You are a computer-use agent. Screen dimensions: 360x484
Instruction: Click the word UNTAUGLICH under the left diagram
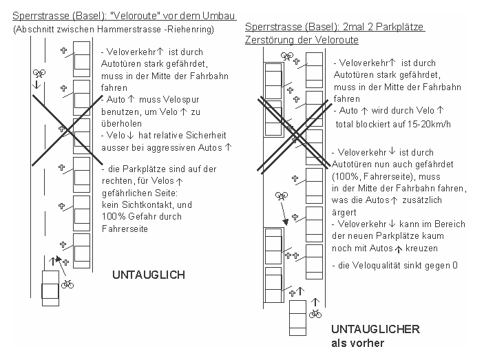coord(149,275)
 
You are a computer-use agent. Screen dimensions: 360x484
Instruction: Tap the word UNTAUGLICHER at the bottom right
coord(375,329)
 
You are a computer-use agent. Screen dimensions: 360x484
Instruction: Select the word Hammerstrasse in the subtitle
coord(134,30)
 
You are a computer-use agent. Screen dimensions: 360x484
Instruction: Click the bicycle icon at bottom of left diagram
coord(67,284)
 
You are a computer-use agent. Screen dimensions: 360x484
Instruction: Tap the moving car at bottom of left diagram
coord(50,288)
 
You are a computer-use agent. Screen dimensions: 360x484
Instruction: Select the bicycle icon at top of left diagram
coord(39,72)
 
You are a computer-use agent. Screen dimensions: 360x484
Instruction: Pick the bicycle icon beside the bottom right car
coord(315,314)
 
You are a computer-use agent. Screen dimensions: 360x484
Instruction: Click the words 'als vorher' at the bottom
coord(357,343)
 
